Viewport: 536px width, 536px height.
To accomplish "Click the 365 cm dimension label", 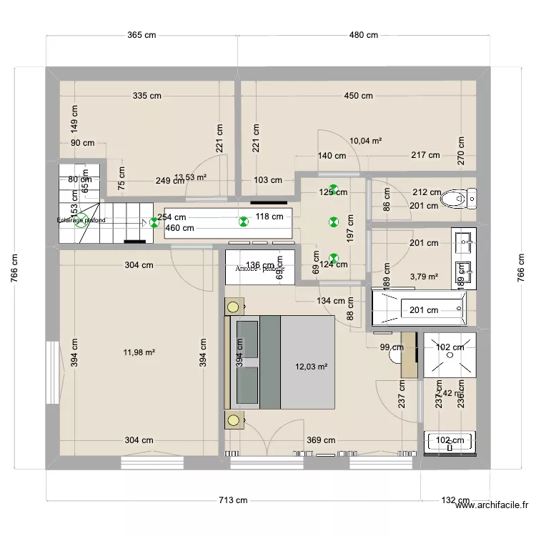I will tap(142, 35).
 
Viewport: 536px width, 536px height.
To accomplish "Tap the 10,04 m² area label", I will tap(365, 141).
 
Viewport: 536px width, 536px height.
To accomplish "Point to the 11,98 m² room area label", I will tap(139, 352).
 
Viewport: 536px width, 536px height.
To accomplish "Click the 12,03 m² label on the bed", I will tap(311, 367).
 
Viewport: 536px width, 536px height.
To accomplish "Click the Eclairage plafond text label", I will tap(81, 221).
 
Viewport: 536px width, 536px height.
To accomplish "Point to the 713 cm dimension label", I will tap(234, 500).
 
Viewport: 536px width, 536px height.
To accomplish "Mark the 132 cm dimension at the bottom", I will tap(455, 500).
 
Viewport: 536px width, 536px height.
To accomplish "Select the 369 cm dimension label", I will tap(320, 441).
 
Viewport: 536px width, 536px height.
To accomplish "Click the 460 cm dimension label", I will tap(179, 229).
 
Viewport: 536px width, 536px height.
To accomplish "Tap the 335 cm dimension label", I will tap(147, 96).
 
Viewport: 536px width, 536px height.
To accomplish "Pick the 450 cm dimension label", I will tap(358, 96).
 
